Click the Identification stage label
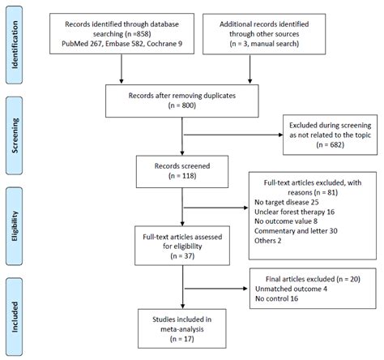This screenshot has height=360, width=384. point(15,45)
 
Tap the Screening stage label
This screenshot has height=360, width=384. point(15,135)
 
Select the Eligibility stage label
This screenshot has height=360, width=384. point(15,226)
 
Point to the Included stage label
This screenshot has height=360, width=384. point(15,317)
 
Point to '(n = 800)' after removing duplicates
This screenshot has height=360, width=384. point(182,105)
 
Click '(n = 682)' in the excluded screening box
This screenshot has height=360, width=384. point(330,145)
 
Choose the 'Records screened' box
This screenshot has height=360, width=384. point(182,172)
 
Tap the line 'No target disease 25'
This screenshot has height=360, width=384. point(287,202)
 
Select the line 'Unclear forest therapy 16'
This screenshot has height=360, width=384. point(294,212)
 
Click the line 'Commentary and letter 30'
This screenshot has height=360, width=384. point(296,231)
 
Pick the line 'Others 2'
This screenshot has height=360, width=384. point(267,241)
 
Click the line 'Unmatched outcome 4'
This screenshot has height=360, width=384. point(291,289)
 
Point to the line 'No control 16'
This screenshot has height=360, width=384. point(276,298)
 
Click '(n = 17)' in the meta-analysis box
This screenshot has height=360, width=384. point(182,339)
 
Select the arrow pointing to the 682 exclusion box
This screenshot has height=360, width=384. point(233,135)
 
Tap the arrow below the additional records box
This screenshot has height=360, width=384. point(250,69)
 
